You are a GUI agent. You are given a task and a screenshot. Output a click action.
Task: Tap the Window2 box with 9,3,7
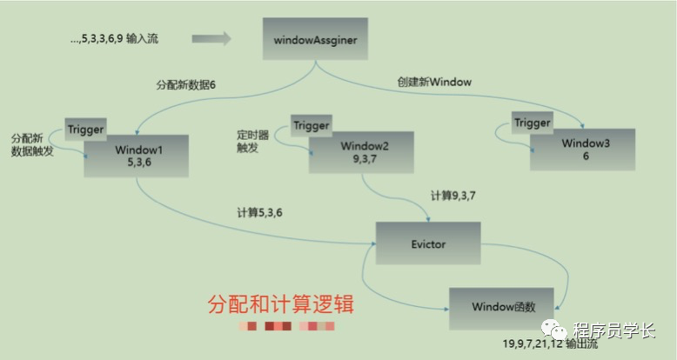tap(364, 153)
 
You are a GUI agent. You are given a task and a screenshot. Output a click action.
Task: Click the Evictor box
tap(426, 244)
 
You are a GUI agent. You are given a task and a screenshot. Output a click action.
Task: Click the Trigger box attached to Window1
tap(85, 130)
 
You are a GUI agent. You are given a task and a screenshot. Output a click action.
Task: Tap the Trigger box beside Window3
tap(533, 123)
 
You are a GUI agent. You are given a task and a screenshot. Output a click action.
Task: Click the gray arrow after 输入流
tap(211, 38)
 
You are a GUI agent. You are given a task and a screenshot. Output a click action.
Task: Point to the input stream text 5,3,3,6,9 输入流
tap(116, 39)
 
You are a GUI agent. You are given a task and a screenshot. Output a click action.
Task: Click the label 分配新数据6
tap(185, 85)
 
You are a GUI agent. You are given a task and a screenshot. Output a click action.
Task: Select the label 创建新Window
tap(432, 82)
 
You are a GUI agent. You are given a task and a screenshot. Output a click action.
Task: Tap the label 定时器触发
tap(253, 142)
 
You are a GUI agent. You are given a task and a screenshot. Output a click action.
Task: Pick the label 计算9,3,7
tap(453, 196)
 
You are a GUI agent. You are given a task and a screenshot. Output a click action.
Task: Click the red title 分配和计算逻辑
tap(281, 306)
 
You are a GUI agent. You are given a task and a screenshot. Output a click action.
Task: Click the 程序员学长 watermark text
tap(614, 330)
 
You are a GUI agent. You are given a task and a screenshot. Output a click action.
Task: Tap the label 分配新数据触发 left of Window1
tap(32, 145)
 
